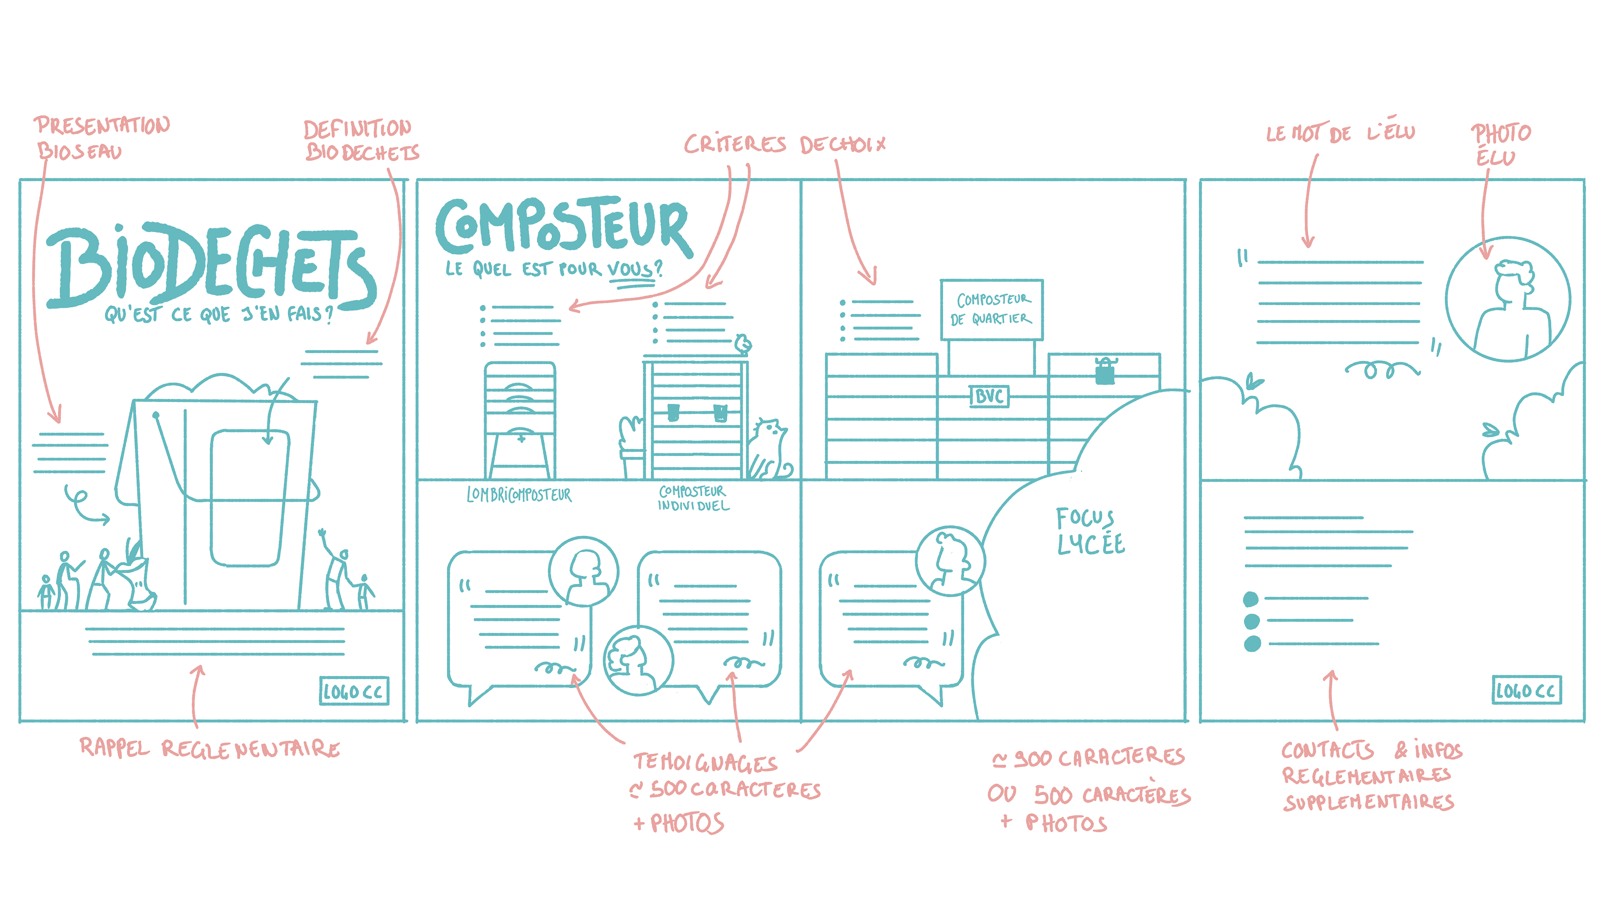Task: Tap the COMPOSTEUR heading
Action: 563,226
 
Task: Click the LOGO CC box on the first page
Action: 354,691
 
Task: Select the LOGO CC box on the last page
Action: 1526,690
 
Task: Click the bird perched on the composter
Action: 743,344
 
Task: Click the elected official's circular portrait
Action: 1508,299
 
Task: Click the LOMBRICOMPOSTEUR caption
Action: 519,495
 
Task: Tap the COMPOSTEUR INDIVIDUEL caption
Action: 693,498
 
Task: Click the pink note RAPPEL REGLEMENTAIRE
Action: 210,747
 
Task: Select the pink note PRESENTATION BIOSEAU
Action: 100,137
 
